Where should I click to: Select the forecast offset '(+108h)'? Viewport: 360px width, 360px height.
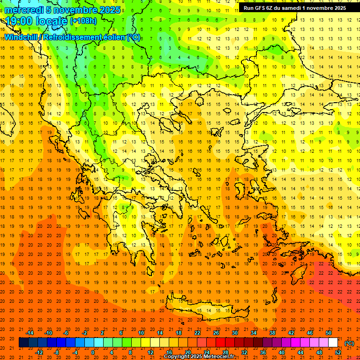(84, 21)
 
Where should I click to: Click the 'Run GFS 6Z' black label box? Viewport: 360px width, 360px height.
(294, 8)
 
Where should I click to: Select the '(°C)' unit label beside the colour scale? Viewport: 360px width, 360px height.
(349, 343)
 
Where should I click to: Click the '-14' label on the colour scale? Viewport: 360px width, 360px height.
(30, 333)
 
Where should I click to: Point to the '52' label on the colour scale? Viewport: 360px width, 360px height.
(338, 352)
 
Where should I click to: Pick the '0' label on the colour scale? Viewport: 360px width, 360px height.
(93, 352)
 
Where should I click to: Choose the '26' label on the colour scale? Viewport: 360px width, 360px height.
(216, 333)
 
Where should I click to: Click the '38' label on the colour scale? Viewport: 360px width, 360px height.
(272, 333)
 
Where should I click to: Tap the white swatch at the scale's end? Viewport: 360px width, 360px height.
(333, 343)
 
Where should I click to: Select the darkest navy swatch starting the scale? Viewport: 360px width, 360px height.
(23, 343)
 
